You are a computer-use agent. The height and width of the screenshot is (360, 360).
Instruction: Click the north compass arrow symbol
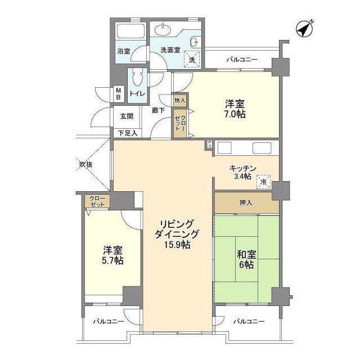(x=304, y=29)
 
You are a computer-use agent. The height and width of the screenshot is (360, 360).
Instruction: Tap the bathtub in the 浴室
(x=130, y=31)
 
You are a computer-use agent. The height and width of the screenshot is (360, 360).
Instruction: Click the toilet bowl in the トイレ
(x=137, y=78)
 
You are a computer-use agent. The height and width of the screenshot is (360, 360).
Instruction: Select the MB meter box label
(x=119, y=94)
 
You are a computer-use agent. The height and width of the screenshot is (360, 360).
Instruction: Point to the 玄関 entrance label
(x=127, y=116)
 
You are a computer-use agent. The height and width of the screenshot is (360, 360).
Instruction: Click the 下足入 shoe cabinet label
(x=128, y=133)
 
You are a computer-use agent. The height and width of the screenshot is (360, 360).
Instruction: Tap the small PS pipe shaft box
(x=209, y=145)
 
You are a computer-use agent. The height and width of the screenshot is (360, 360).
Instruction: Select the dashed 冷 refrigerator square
(x=263, y=182)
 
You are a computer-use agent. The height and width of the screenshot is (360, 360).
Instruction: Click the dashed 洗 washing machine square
(x=192, y=59)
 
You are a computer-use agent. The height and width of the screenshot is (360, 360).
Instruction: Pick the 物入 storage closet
(x=180, y=100)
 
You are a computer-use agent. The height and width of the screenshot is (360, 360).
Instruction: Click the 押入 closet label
(x=246, y=202)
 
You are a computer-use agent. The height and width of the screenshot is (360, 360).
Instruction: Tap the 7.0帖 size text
(x=235, y=114)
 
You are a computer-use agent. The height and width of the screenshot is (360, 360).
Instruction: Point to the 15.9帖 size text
(x=177, y=245)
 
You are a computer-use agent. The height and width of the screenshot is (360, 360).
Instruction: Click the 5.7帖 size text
(x=112, y=260)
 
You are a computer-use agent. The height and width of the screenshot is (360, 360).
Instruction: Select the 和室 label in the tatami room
(x=246, y=254)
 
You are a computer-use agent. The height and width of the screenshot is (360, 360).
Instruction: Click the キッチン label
(x=242, y=169)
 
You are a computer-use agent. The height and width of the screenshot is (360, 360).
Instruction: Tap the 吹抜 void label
(x=86, y=164)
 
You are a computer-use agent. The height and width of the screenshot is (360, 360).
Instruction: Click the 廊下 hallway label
(x=158, y=110)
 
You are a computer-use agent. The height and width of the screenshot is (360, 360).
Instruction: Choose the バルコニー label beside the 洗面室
(x=242, y=60)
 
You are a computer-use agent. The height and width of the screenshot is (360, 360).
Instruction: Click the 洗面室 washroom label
(x=170, y=50)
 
